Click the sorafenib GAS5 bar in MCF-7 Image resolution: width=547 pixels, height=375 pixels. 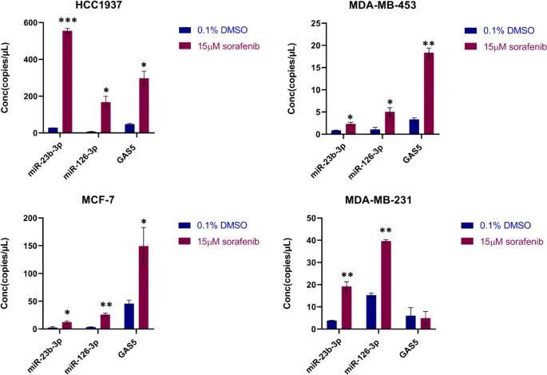click(x=144, y=287)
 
